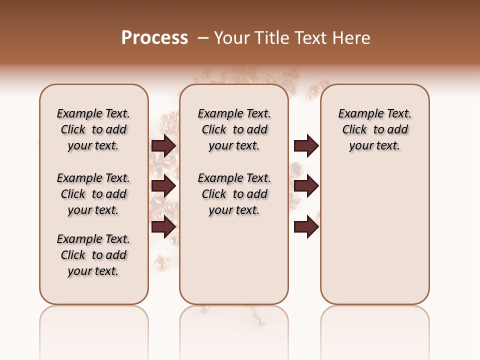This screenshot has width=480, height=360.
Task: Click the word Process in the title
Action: tap(154, 38)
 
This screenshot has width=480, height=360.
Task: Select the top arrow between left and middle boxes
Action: tap(163, 145)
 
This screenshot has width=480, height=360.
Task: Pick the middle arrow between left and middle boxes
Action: tap(163, 186)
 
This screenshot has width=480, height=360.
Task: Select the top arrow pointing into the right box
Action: tap(306, 145)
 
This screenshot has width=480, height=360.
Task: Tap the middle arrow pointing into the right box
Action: tap(306, 186)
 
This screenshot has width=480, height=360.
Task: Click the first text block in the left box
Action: tap(93, 129)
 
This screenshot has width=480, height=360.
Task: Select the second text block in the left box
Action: tap(93, 194)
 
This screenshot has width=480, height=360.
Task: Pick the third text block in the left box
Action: tap(93, 255)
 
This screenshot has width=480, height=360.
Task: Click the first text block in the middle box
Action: tap(234, 129)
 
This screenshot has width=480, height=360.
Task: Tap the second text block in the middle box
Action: tap(234, 194)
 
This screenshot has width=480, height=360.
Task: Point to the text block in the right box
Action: tap(374, 129)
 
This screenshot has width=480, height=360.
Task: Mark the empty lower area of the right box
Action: tap(374, 230)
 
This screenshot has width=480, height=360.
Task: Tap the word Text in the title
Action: tap(308, 38)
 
